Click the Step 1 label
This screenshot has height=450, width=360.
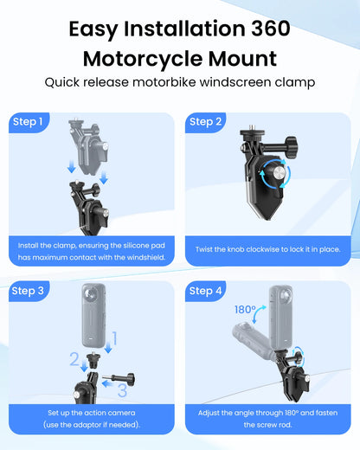[28, 122]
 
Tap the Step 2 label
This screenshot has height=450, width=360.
[205, 122]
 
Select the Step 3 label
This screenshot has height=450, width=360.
[28, 291]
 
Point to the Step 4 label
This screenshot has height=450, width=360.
[205, 291]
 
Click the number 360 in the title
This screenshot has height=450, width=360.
[271, 29]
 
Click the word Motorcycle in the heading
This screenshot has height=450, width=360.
[143, 60]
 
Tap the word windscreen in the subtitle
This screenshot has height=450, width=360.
[235, 82]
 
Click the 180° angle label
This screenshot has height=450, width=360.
[245, 310]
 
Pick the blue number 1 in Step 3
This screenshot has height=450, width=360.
[114, 338]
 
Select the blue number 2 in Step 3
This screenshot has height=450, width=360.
[74, 359]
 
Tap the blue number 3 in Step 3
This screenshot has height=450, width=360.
[122, 390]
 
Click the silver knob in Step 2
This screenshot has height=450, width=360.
[278, 174]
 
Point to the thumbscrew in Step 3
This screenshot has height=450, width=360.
[119, 379]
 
